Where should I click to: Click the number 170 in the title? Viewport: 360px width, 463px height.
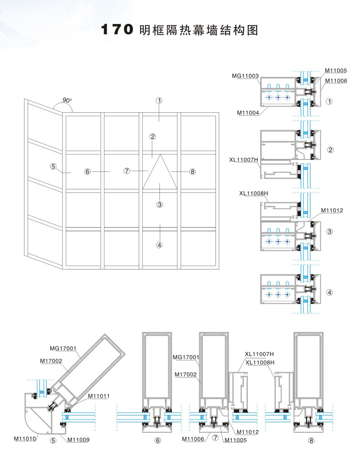(117, 30)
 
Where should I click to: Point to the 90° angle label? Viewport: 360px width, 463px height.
(67, 100)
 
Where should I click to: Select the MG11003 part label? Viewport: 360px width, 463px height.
(245, 76)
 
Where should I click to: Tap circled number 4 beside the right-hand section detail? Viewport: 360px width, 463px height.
(330, 292)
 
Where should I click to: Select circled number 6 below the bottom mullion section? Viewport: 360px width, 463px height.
(157, 441)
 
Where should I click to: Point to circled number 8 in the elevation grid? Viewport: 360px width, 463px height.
(193, 171)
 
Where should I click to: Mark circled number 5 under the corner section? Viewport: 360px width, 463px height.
(53, 441)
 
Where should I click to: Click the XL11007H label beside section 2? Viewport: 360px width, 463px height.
(243, 159)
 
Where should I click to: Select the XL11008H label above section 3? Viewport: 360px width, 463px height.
(254, 194)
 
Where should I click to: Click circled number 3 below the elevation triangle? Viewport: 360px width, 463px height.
(159, 204)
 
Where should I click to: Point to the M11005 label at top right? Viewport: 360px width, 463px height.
(336, 71)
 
